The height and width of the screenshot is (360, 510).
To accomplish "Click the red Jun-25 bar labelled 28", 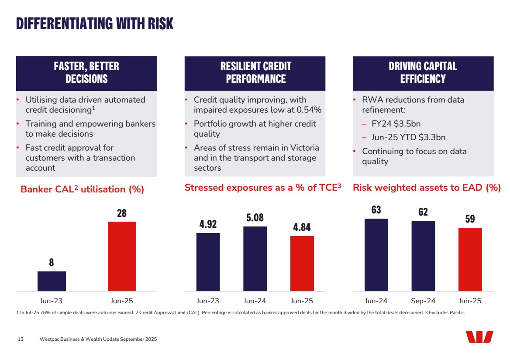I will point(122,256).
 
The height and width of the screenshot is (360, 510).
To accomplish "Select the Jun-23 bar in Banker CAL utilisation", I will point(52,281).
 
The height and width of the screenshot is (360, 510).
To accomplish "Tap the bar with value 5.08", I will point(255,258).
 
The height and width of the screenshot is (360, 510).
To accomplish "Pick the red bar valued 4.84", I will point(302,263).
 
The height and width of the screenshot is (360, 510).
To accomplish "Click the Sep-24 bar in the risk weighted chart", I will point(423,256).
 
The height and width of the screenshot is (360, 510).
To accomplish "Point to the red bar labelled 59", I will point(470,259).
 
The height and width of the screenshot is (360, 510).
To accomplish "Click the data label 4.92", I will point(208,224).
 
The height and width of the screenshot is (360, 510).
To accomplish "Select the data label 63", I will point(376,210).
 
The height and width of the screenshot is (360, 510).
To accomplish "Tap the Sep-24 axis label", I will point(423,301).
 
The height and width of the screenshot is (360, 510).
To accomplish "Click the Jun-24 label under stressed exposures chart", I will point(255,301).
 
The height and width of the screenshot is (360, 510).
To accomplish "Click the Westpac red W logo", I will point(479,337).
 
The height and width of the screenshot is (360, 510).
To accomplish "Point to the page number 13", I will point(21,339).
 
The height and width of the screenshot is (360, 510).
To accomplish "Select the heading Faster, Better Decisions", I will point(86,73).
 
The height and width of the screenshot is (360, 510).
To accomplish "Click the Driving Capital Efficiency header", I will point(423,73).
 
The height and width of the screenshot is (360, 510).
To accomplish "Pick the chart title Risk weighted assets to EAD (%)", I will point(427,188).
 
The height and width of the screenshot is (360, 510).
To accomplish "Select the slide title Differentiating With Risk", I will point(95,24).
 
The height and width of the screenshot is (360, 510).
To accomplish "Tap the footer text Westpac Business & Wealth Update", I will point(87,339).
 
